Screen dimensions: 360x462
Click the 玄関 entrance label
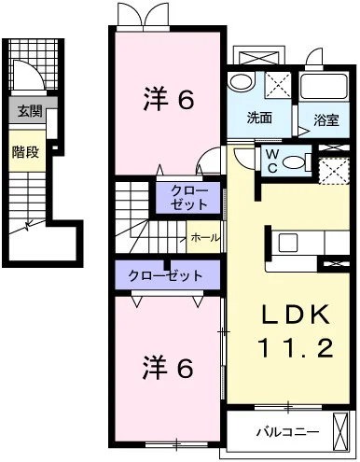coord(30,111)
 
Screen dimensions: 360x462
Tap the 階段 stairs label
coord(25,152)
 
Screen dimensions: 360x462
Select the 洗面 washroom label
coord(259,119)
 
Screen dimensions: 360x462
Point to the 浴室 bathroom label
coord(325,120)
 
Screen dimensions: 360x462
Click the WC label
coord(272,161)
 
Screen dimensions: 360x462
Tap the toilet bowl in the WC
coord(297,162)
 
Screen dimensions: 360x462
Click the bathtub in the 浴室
coord(324,87)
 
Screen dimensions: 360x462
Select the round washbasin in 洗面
coord(241,81)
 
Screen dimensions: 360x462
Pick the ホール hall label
coord(204,238)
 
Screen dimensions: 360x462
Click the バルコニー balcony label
coord(287,432)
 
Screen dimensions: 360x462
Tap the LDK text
coord(296,315)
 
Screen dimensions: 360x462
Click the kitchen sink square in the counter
coord(288,243)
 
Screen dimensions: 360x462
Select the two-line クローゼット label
coord(189,198)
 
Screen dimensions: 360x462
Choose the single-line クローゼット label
coord(165,275)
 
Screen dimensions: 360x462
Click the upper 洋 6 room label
coord(169,99)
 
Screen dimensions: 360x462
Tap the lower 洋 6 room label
coord(168,368)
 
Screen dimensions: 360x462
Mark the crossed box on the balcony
coord(340,431)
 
